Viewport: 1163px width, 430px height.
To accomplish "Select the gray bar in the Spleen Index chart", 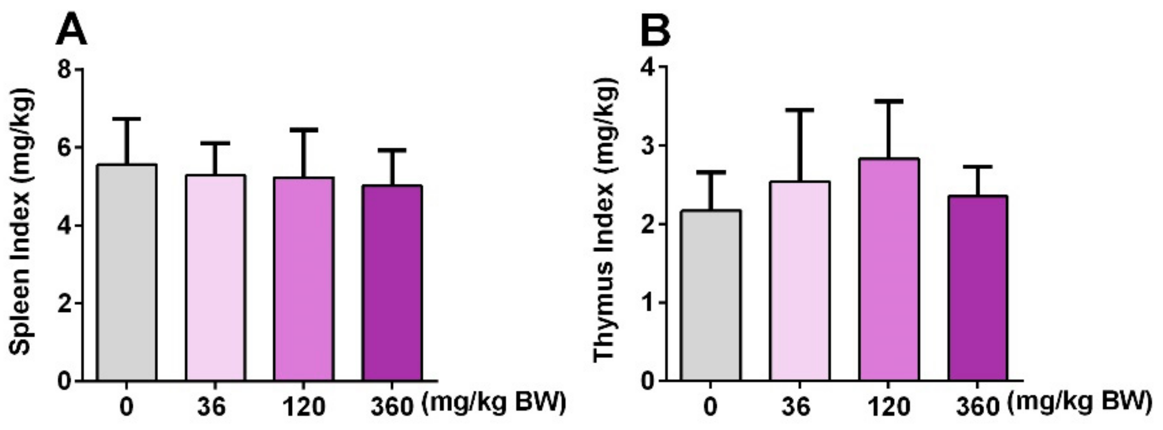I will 127,273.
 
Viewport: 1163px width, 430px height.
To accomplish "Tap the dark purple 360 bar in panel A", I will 392,283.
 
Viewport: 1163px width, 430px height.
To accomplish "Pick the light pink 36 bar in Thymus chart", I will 799,281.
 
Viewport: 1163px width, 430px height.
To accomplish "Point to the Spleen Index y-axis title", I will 23,222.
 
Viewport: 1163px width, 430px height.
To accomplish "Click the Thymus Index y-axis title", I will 604,222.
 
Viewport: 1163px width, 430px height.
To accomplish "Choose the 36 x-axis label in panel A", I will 212,407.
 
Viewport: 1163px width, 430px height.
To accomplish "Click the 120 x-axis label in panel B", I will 889,407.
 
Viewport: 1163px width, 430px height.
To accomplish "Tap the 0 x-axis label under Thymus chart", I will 710,407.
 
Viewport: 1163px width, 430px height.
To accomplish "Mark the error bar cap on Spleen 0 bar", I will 127,119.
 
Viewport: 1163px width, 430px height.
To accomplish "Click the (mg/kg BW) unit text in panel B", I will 1080,403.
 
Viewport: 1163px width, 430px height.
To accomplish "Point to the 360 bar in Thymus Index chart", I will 978,288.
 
